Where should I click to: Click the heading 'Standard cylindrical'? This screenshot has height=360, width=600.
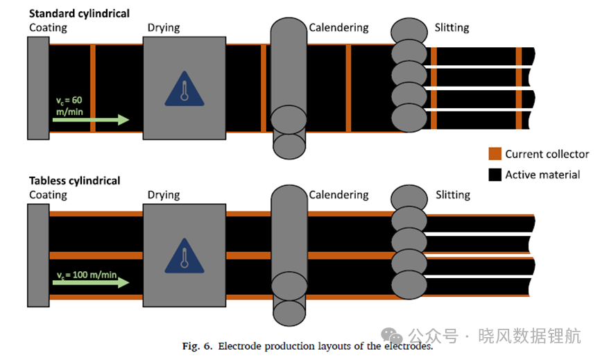(79, 14)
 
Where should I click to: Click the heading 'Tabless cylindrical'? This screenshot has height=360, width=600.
(75, 180)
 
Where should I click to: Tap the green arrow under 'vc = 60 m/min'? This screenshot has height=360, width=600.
(91, 120)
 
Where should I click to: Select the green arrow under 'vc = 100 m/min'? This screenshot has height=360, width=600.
(91, 283)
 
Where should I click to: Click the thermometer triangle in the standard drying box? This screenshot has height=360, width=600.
(185, 89)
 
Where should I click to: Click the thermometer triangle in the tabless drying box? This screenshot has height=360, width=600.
(185, 257)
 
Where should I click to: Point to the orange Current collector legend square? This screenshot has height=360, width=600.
(495, 153)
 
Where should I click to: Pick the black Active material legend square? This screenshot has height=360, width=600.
(495, 175)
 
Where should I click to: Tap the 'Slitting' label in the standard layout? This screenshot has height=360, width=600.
(452, 28)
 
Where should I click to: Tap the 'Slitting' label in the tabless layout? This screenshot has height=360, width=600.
(453, 195)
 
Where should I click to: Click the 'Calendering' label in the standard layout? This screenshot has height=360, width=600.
(338, 28)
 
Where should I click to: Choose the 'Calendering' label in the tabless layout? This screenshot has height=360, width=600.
(338, 195)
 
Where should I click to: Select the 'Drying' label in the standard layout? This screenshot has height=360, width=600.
(164, 28)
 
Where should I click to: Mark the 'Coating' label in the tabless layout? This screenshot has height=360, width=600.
(49, 195)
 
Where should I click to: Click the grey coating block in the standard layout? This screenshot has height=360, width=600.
(38, 88)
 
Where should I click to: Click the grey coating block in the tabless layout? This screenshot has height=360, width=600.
(38, 255)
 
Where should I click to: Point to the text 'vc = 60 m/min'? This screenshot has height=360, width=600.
(69, 106)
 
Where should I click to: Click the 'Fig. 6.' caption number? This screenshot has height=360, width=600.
(197, 346)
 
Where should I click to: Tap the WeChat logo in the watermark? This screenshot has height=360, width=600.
(392, 336)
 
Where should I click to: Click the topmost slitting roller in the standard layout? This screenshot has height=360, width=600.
(409, 31)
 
